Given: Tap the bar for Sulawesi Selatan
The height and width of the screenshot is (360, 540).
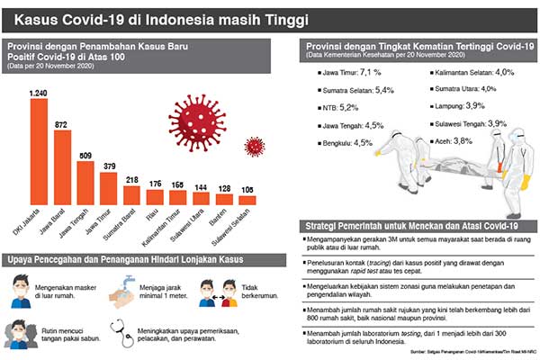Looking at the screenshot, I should [247, 198].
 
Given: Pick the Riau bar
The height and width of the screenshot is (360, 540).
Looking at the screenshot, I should [155, 196].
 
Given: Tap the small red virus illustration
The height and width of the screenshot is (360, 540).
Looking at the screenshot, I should [255, 146].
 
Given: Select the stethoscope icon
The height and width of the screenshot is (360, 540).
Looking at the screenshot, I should [119, 333].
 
